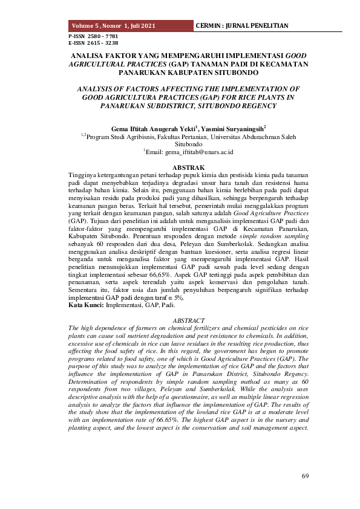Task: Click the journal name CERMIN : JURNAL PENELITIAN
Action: click(x=242, y=26)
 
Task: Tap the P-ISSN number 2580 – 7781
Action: click(x=93, y=37)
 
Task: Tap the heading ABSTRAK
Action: click(x=188, y=167)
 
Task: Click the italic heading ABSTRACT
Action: click(x=188, y=320)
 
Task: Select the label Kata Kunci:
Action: click(x=86, y=305)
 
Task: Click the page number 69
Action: click(x=306, y=476)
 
